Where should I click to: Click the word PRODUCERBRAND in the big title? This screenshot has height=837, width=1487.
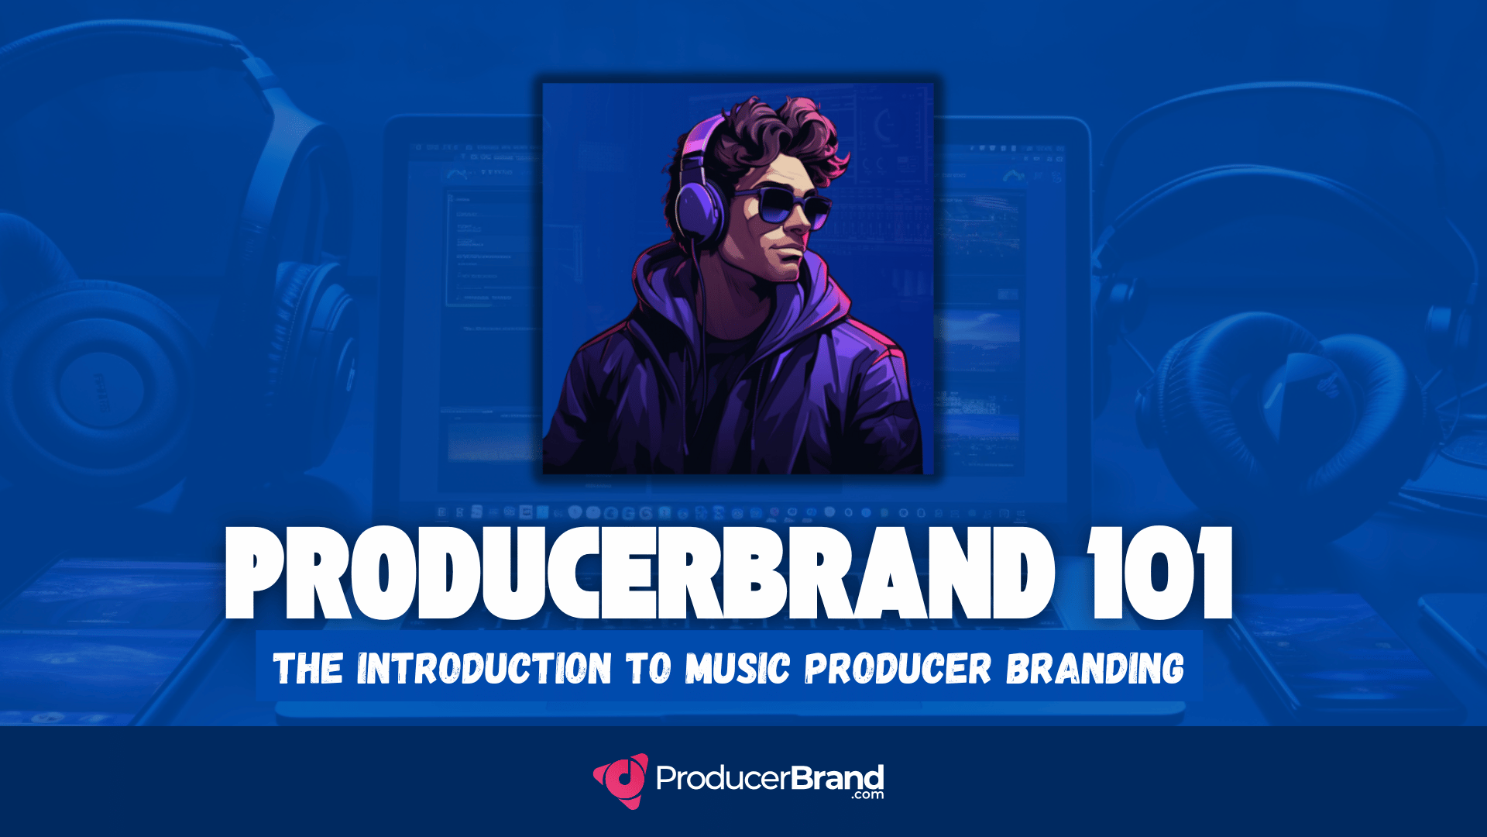[640, 573]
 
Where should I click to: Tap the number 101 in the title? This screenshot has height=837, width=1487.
[1159, 573]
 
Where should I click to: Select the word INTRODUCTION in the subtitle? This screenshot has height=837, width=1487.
[484, 668]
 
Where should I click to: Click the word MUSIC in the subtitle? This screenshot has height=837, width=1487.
[737, 668]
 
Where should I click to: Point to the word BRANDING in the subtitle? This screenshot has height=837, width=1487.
[1095, 668]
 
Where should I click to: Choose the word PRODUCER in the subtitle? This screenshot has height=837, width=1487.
[898, 668]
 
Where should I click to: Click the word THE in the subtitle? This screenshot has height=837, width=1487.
[308, 668]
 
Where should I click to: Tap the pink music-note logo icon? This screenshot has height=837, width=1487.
[621, 780]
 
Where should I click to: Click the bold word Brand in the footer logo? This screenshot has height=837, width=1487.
[838, 777]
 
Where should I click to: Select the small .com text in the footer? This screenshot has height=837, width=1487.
[867, 795]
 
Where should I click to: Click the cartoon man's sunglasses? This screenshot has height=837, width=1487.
[781, 206]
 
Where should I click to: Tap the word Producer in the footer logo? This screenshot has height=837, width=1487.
[723, 778]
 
